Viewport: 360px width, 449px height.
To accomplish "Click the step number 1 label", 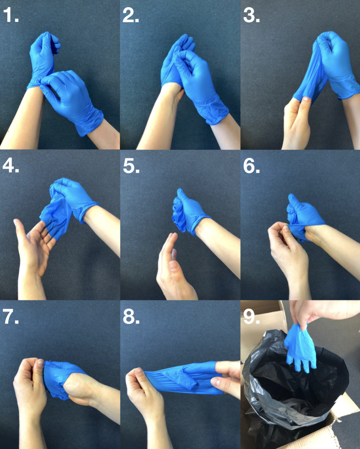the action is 11,15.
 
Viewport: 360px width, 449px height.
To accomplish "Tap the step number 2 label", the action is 131,15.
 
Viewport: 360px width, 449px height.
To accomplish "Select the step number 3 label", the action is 251,15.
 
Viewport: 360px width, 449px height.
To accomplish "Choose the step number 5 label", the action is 131,166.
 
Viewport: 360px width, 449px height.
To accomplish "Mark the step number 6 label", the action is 251,166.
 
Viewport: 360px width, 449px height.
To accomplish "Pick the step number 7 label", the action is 10,316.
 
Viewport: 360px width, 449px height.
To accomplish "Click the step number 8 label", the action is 131,316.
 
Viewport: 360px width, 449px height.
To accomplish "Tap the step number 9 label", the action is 251,316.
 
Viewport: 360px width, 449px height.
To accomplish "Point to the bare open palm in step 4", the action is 34,244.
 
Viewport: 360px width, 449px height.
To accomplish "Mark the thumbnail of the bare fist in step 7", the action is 40,363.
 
